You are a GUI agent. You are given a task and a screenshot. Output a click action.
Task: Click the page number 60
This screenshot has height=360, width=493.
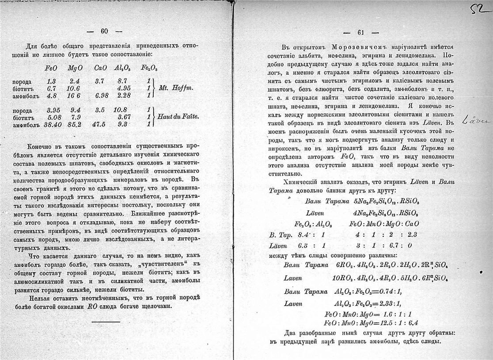click(104, 31)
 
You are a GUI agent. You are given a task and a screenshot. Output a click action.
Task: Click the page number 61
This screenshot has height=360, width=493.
click(360, 32)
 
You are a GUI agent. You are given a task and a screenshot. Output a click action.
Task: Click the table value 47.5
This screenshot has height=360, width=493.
click(99, 125)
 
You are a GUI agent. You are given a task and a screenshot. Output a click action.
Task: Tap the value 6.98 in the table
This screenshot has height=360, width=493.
click(101, 95)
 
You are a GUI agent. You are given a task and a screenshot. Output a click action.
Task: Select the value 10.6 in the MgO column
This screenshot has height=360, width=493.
click(73, 88)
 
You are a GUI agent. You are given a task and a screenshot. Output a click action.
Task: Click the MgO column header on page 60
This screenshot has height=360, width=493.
click(73, 69)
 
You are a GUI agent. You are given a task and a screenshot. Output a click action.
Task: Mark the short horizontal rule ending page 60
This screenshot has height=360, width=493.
click(106, 322)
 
